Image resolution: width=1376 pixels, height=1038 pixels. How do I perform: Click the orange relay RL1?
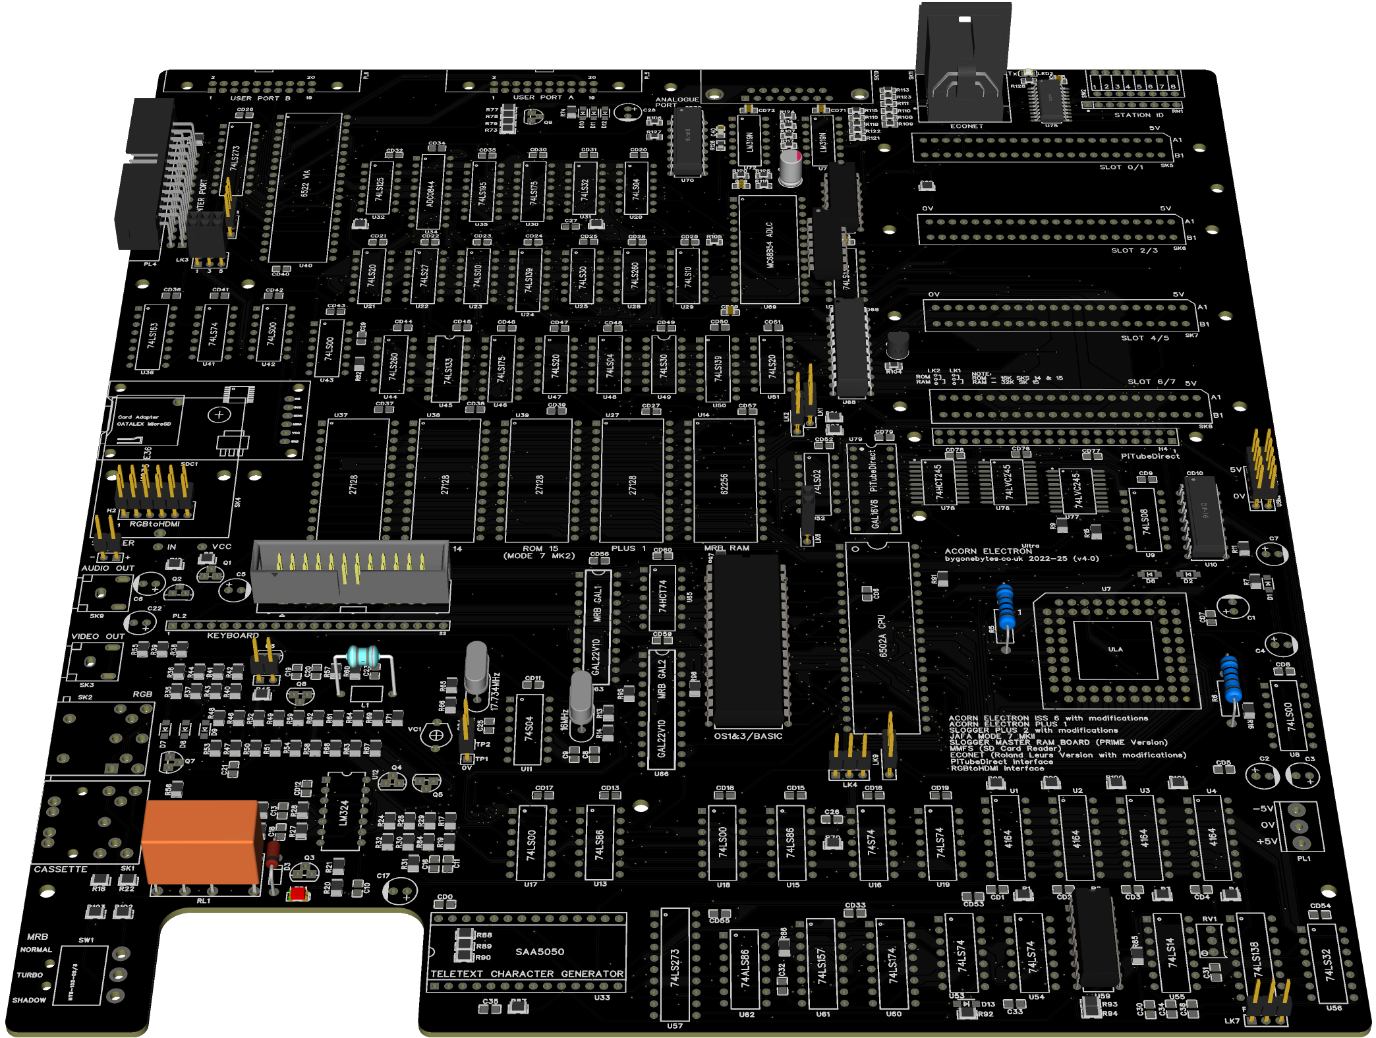pos(201,842)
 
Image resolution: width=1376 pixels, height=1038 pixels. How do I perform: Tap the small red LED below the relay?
pos(298,894)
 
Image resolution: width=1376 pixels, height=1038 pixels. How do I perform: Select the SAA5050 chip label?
pos(540,952)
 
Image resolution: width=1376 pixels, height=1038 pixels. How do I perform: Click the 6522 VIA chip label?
pos(305,184)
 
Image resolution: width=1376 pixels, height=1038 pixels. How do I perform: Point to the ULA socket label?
pos(1115,649)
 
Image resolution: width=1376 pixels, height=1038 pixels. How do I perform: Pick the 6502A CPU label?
pos(882,636)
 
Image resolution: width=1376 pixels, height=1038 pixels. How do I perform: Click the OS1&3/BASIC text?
pos(748,736)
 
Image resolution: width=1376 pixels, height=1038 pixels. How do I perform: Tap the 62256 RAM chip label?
pos(724,484)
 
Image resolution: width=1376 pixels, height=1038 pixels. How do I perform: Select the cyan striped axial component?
pos(362,656)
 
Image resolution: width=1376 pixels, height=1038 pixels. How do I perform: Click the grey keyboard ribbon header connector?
pos(351,571)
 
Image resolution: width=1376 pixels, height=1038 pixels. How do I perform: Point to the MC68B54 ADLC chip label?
pos(769,245)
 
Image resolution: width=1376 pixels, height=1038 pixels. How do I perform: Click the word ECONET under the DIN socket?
pos(966,126)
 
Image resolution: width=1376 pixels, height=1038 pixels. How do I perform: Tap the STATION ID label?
pos(1139,115)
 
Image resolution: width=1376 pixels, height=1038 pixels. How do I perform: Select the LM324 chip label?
pos(343,813)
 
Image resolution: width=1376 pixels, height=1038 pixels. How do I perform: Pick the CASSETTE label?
pos(61,869)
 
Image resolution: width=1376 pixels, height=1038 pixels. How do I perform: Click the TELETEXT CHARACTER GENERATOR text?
pos(527,973)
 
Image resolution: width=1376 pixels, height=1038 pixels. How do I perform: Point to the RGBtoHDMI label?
pos(154,524)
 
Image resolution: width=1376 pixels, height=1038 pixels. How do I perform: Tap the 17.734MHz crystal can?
pos(476,667)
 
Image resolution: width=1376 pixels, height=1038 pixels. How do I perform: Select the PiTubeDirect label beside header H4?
pos(1150,456)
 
